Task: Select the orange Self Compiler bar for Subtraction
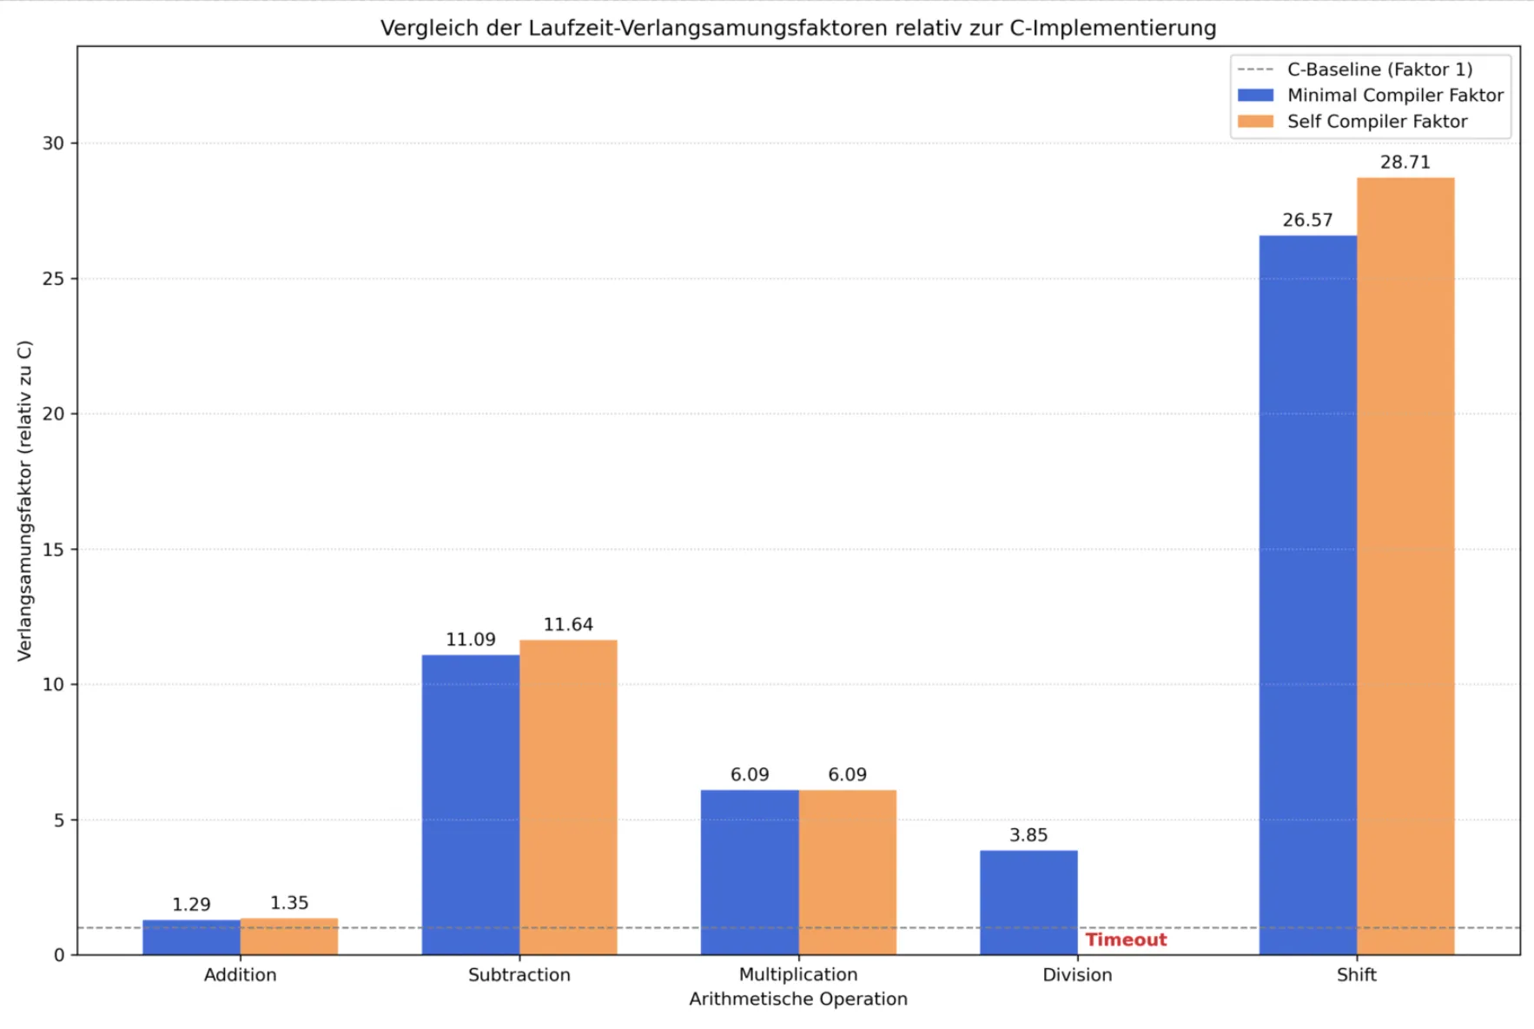pyautogui.click(x=568, y=798)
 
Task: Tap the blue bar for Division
pyautogui.click(x=1028, y=902)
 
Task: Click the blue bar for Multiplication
pyautogui.click(x=750, y=872)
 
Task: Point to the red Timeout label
pyautogui.click(x=1126, y=939)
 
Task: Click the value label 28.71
pyautogui.click(x=1405, y=163)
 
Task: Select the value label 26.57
pyautogui.click(x=1307, y=221)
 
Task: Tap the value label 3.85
pyautogui.click(x=1028, y=835)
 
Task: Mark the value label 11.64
pyautogui.click(x=568, y=625)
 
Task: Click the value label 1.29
pyautogui.click(x=191, y=905)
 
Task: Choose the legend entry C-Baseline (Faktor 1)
pyautogui.click(x=1379, y=70)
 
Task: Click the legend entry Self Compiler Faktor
pyautogui.click(x=1377, y=122)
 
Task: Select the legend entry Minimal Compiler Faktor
pyautogui.click(x=1394, y=96)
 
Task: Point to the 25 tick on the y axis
pyautogui.click(x=54, y=279)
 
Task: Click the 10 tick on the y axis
pyautogui.click(x=54, y=685)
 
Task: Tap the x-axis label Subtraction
pyautogui.click(x=519, y=975)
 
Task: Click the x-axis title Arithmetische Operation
pyautogui.click(x=797, y=999)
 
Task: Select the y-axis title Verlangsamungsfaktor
pyautogui.click(x=24, y=501)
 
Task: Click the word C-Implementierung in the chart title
pyautogui.click(x=1113, y=29)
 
